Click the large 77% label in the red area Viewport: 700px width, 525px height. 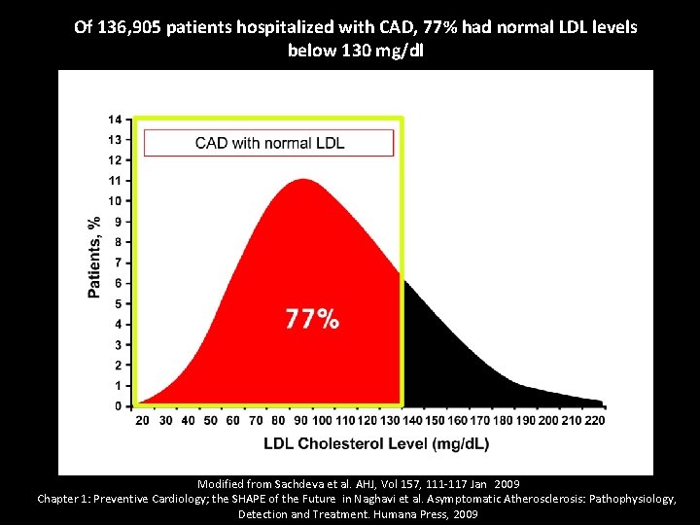[312, 319]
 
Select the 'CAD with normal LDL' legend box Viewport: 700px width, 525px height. [269, 143]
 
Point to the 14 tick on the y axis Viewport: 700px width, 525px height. [116, 120]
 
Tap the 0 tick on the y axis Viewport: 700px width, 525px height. [118, 405]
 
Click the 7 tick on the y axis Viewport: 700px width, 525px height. [118, 262]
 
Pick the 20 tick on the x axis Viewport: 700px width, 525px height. [142, 421]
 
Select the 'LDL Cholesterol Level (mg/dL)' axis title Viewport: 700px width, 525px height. [376, 444]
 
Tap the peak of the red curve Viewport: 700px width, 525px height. [304, 181]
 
